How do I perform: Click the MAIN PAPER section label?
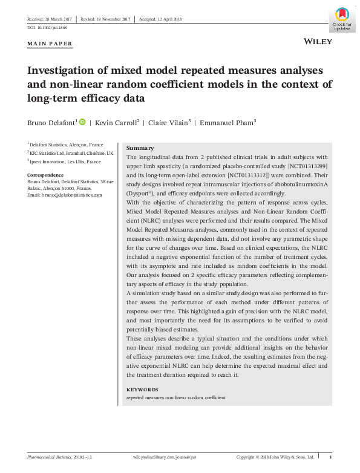[50, 44]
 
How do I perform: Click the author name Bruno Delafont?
[51, 122]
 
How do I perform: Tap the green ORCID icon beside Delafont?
[83, 122]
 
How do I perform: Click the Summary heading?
[140, 148]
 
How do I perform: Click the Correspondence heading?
[46, 175]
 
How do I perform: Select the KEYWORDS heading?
[142, 390]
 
